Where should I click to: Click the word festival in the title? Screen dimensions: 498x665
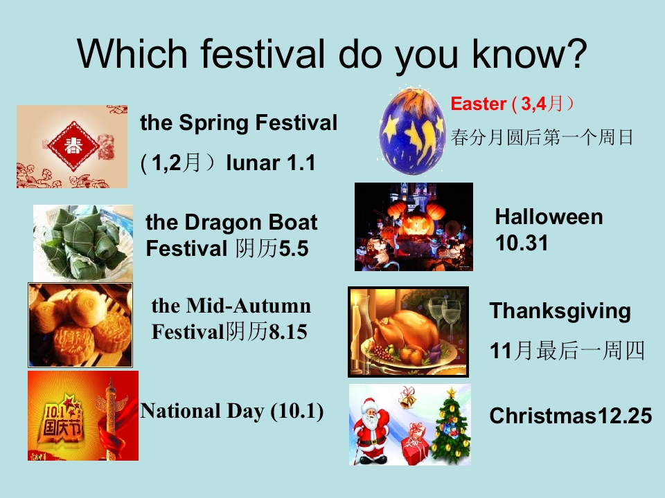click(x=258, y=53)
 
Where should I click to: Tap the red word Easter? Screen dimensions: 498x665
click(x=478, y=104)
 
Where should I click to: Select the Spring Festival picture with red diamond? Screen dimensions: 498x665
click(x=72, y=147)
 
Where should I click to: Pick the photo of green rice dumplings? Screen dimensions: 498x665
click(x=83, y=242)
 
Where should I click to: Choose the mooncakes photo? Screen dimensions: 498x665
click(x=80, y=324)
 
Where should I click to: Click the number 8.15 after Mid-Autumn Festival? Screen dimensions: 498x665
click(x=287, y=332)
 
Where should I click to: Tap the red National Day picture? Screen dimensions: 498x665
click(x=83, y=415)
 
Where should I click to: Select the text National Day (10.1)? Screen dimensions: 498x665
click(x=232, y=411)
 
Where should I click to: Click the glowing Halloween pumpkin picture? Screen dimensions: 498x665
click(x=414, y=227)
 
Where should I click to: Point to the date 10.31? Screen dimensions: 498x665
click(x=522, y=243)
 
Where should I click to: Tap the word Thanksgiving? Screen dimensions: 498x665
click(x=560, y=311)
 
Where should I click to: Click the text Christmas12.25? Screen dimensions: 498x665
click(x=571, y=416)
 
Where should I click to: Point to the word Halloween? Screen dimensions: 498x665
click(x=549, y=217)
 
